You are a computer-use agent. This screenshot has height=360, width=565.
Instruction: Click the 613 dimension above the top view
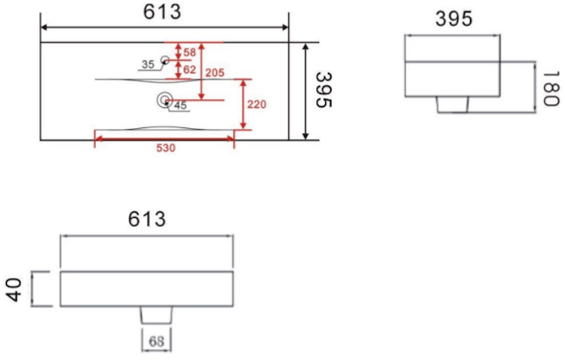pos(163,11)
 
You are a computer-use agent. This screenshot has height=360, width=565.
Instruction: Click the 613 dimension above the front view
pos(147,219)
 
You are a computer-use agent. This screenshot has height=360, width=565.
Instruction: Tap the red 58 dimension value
pos(190,53)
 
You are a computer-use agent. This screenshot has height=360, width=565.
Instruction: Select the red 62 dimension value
pos(190,69)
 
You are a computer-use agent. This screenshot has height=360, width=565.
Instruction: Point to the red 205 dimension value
pos(214,73)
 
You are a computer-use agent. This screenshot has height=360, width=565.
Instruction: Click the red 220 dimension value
pos(257,104)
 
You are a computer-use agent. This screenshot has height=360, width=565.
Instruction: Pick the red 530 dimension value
pos(166,148)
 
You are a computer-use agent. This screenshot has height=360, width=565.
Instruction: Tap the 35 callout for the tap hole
pos(148,64)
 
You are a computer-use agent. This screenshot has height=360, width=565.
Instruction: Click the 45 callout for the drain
pos(180,105)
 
